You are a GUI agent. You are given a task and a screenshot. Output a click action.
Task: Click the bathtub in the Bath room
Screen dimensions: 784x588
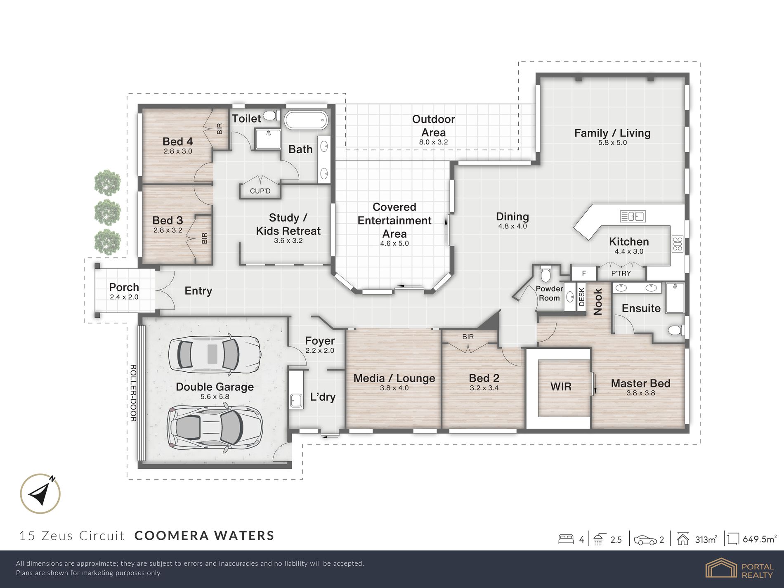click(x=306, y=120)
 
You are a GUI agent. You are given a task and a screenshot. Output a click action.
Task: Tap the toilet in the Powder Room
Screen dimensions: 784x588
click(x=545, y=273)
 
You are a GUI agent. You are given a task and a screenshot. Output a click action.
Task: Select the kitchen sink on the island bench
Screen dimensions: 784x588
click(x=633, y=216)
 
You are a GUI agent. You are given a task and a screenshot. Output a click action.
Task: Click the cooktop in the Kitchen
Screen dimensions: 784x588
click(x=678, y=244)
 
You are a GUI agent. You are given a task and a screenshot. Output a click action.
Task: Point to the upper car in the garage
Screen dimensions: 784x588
click(x=215, y=354)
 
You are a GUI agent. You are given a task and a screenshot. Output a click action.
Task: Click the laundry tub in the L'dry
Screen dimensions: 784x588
click(x=296, y=401)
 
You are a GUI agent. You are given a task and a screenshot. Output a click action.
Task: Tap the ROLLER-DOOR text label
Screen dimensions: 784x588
click(x=133, y=393)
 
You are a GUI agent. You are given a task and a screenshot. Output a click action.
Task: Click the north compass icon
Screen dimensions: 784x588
click(x=40, y=494)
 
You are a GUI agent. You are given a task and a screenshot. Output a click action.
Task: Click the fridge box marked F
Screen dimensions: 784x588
click(x=584, y=273)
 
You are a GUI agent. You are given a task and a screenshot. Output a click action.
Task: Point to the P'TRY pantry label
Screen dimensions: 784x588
click(x=621, y=273)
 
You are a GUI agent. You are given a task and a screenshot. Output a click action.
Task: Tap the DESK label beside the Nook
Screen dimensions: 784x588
click(x=581, y=297)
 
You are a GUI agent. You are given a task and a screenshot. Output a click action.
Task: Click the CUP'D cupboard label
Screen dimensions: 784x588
click(x=260, y=191)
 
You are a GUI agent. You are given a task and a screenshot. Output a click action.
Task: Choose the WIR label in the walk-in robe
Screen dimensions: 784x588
click(x=561, y=387)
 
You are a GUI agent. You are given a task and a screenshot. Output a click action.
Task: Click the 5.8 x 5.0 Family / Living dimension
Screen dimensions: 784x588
click(x=612, y=143)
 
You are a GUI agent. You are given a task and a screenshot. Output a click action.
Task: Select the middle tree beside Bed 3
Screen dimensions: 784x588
click(x=107, y=213)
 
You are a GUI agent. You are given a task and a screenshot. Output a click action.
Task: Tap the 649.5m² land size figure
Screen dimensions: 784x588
click(x=759, y=539)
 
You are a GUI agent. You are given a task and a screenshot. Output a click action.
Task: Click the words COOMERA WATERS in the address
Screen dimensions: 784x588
click(x=204, y=536)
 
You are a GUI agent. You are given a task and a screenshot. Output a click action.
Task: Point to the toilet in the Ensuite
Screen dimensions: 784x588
click(x=676, y=330)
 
